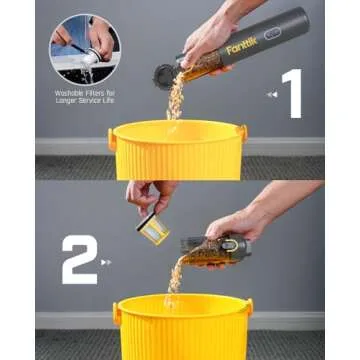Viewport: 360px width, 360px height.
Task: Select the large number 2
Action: point(79,259)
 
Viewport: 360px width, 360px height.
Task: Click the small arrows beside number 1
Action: point(270,95)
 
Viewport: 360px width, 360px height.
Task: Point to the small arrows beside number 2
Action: point(107,263)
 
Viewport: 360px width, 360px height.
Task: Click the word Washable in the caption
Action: point(66,93)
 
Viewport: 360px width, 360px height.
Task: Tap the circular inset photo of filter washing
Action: point(83,48)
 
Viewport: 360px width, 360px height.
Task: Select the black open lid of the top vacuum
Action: point(164,76)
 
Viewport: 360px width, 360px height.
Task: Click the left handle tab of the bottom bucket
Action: point(117,313)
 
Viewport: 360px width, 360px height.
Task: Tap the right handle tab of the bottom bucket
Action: point(248,307)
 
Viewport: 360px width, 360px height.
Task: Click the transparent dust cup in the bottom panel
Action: point(200,249)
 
